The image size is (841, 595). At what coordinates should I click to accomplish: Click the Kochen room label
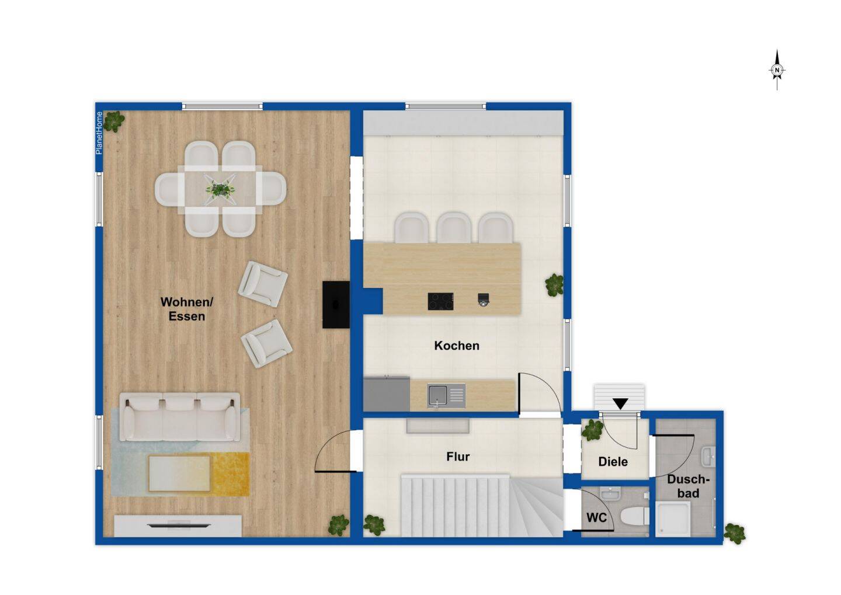point(457,346)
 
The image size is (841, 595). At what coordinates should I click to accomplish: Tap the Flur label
point(458,457)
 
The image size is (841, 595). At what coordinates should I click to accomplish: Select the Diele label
point(613,461)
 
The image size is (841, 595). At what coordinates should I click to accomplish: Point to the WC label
point(597,518)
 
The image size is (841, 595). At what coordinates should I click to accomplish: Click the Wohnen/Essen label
point(187,309)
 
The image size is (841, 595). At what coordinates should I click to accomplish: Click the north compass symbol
point(777,70)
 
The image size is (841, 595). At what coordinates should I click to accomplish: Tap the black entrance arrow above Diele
point(621,403)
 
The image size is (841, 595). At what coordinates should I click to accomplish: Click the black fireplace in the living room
point(336,305)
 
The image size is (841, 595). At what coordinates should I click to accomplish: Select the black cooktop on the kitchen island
point(440,301)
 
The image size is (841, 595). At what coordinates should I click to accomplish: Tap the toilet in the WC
point(634,516)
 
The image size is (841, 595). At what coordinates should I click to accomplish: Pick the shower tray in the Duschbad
point(673,520)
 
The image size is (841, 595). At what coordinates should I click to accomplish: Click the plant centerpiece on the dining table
point(221,189)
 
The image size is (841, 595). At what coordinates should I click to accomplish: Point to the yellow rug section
point(230,474)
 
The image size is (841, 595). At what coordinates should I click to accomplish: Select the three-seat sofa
point(180,417)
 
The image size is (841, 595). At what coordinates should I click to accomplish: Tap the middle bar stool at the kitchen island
point(454,227)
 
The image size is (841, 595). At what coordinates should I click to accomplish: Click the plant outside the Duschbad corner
point(734,534)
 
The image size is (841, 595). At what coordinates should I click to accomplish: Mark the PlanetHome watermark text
point(99,133)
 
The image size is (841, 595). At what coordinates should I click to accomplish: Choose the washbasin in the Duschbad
point(708,457)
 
